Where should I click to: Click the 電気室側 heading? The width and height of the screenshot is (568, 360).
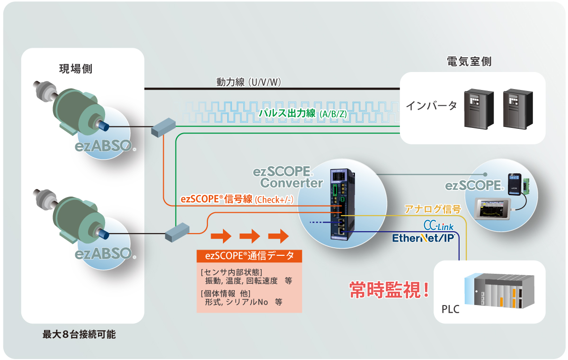coord(469,62)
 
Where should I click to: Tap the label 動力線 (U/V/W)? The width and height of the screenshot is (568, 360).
coord(249,82)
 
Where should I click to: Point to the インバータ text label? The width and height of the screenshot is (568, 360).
coord(431,105)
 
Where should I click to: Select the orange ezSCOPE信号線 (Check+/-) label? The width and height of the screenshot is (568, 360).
coord(237,199)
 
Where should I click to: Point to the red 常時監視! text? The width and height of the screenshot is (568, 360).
coord(389,290)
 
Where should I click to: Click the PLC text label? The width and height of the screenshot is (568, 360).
coord(450,310)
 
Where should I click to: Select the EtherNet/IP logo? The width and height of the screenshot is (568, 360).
coord(423,237)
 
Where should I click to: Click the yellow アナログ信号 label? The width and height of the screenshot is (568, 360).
coord(432,209)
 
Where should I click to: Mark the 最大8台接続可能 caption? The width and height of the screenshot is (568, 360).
coord(79,334)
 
